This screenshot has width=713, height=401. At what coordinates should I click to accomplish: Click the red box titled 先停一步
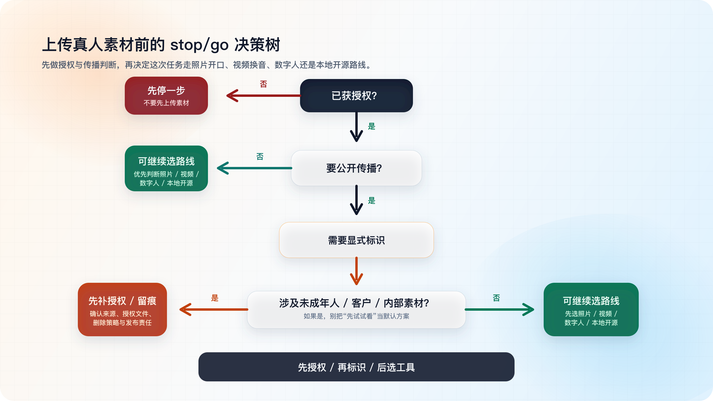(x=166, y=96)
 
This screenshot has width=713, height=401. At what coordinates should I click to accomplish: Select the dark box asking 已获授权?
(x=356, y=96)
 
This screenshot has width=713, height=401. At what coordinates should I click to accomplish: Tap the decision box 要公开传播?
(x=356, y=168)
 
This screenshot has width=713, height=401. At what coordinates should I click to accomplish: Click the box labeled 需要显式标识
(x=356, y=240)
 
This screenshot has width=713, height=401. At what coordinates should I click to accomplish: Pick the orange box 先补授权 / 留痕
(x=122, y=310)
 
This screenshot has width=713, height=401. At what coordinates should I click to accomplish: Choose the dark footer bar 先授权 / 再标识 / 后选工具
(x=356, y=367)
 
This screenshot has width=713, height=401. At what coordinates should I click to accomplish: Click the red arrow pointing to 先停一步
(x=263, y=96)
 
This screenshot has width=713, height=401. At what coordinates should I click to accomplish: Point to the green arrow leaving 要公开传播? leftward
(x=254, y=168)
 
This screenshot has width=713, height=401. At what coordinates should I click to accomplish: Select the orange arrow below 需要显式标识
(x=356, y=271)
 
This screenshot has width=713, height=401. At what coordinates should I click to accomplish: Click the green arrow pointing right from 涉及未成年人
(x=499, y=310)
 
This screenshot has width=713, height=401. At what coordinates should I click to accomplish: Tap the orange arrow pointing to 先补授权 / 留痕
(x=214, y=310)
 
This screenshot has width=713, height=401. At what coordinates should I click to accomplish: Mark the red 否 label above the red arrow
(x=263, y=84)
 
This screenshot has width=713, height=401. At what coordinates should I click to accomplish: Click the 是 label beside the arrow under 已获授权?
(x=372, y=126)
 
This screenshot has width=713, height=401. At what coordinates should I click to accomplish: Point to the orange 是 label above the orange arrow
(x=214, y=298)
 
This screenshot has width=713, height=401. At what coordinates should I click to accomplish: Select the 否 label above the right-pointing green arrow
(x=496, y=298)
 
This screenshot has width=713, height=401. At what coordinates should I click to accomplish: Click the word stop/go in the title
(x=199, y=45)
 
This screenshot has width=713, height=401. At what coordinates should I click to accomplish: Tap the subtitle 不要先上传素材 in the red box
(x=166, y=103)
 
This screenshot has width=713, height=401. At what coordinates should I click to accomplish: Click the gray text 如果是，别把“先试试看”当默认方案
(x=356, y=316)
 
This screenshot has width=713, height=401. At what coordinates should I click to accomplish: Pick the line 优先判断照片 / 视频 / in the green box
(x=166, y=174)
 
